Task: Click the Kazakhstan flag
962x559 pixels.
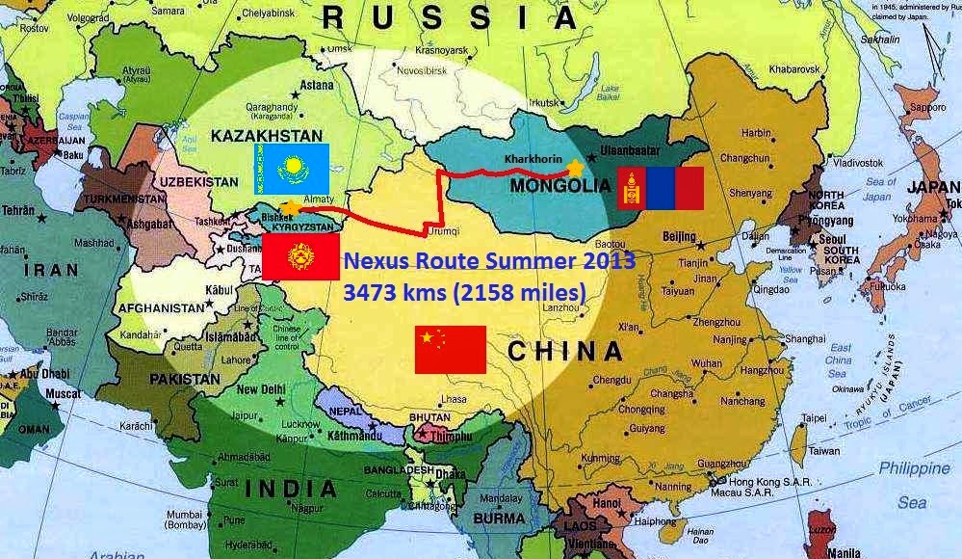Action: pyautogui.click(x=292, y=168)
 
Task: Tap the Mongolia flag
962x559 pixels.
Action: pyautogui.click(x=661, y=189)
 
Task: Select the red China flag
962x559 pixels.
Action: pyautogui.click(x=450, y=350)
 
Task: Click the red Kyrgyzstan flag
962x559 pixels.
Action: pyautogui.click(x=295, y=258)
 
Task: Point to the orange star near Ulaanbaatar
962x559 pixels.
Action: pyautogui.click(x=576, y=168)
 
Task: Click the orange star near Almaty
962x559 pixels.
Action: pyautogui.click(x=288, y=205)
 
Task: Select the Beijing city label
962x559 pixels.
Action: pyautogui.click(x=679, y=236)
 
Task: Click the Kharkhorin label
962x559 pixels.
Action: pyautogui.click(x=531, y=155)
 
